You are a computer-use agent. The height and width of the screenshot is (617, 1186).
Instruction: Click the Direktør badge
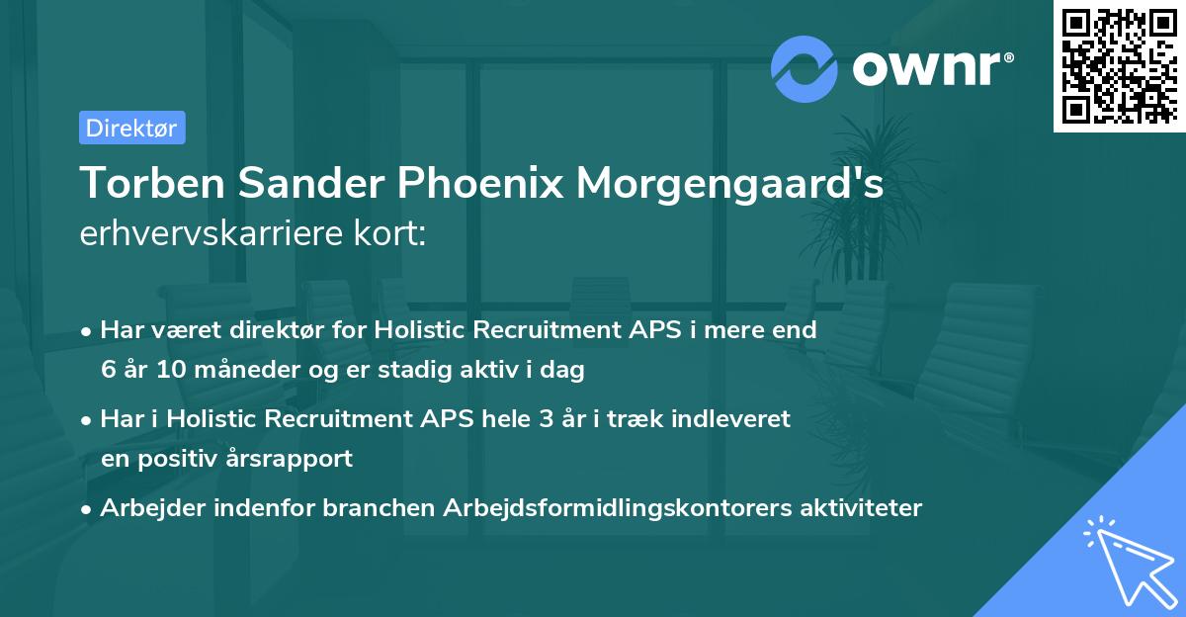(131, 128)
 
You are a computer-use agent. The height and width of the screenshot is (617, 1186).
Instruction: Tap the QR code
(1119, 66)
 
